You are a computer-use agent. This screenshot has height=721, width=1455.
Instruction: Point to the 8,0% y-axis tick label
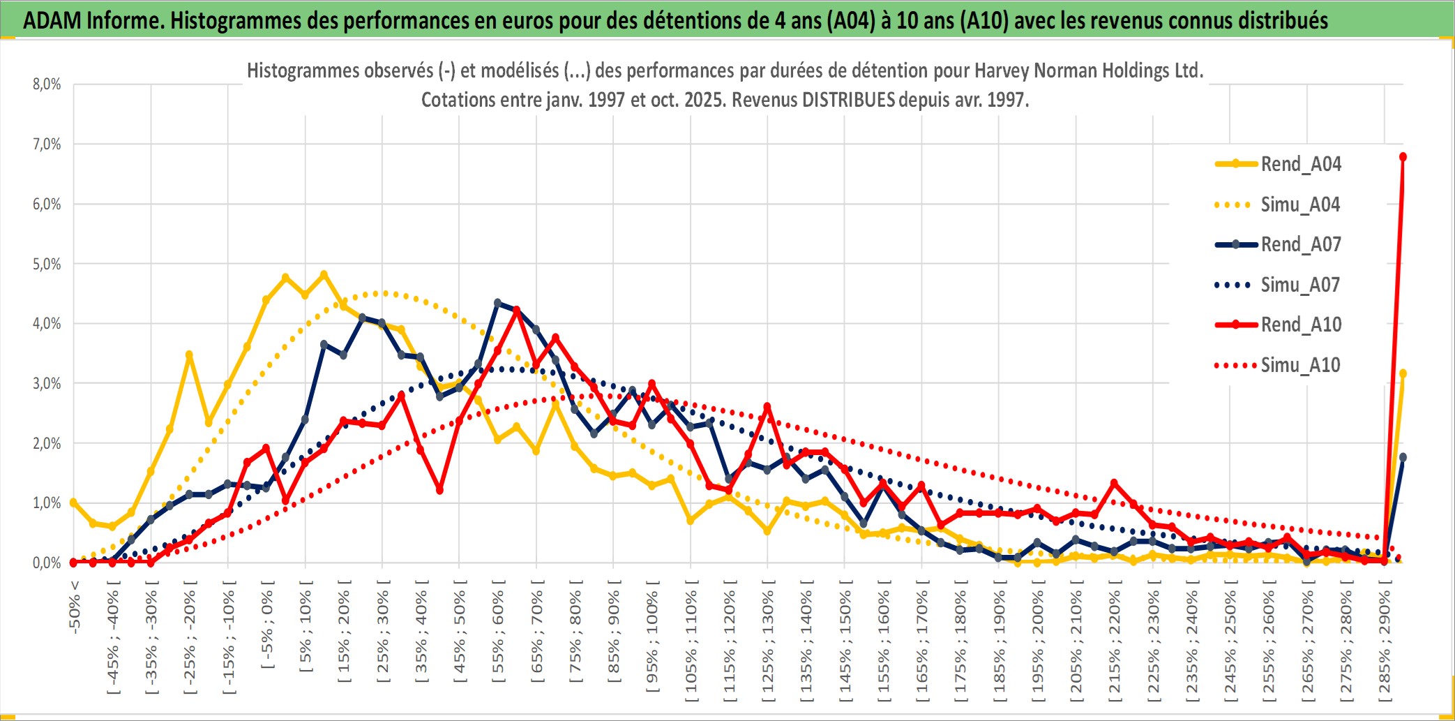pyautogui.click(x=47, y=84)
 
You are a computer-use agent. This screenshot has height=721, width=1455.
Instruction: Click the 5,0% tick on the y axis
pyautogui.click(x=47, y=264)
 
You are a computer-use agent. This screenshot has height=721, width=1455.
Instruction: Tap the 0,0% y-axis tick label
pyautogui.click(x=47, y=563)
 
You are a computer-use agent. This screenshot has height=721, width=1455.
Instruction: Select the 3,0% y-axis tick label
pyautogui.click(x=47, y=383)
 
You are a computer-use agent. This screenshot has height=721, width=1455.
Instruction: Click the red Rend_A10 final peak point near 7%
pyautogui.click(x=1403, y=157)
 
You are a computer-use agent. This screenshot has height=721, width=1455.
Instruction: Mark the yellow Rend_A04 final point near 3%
pyautogui.click(x=1403, y=374)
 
